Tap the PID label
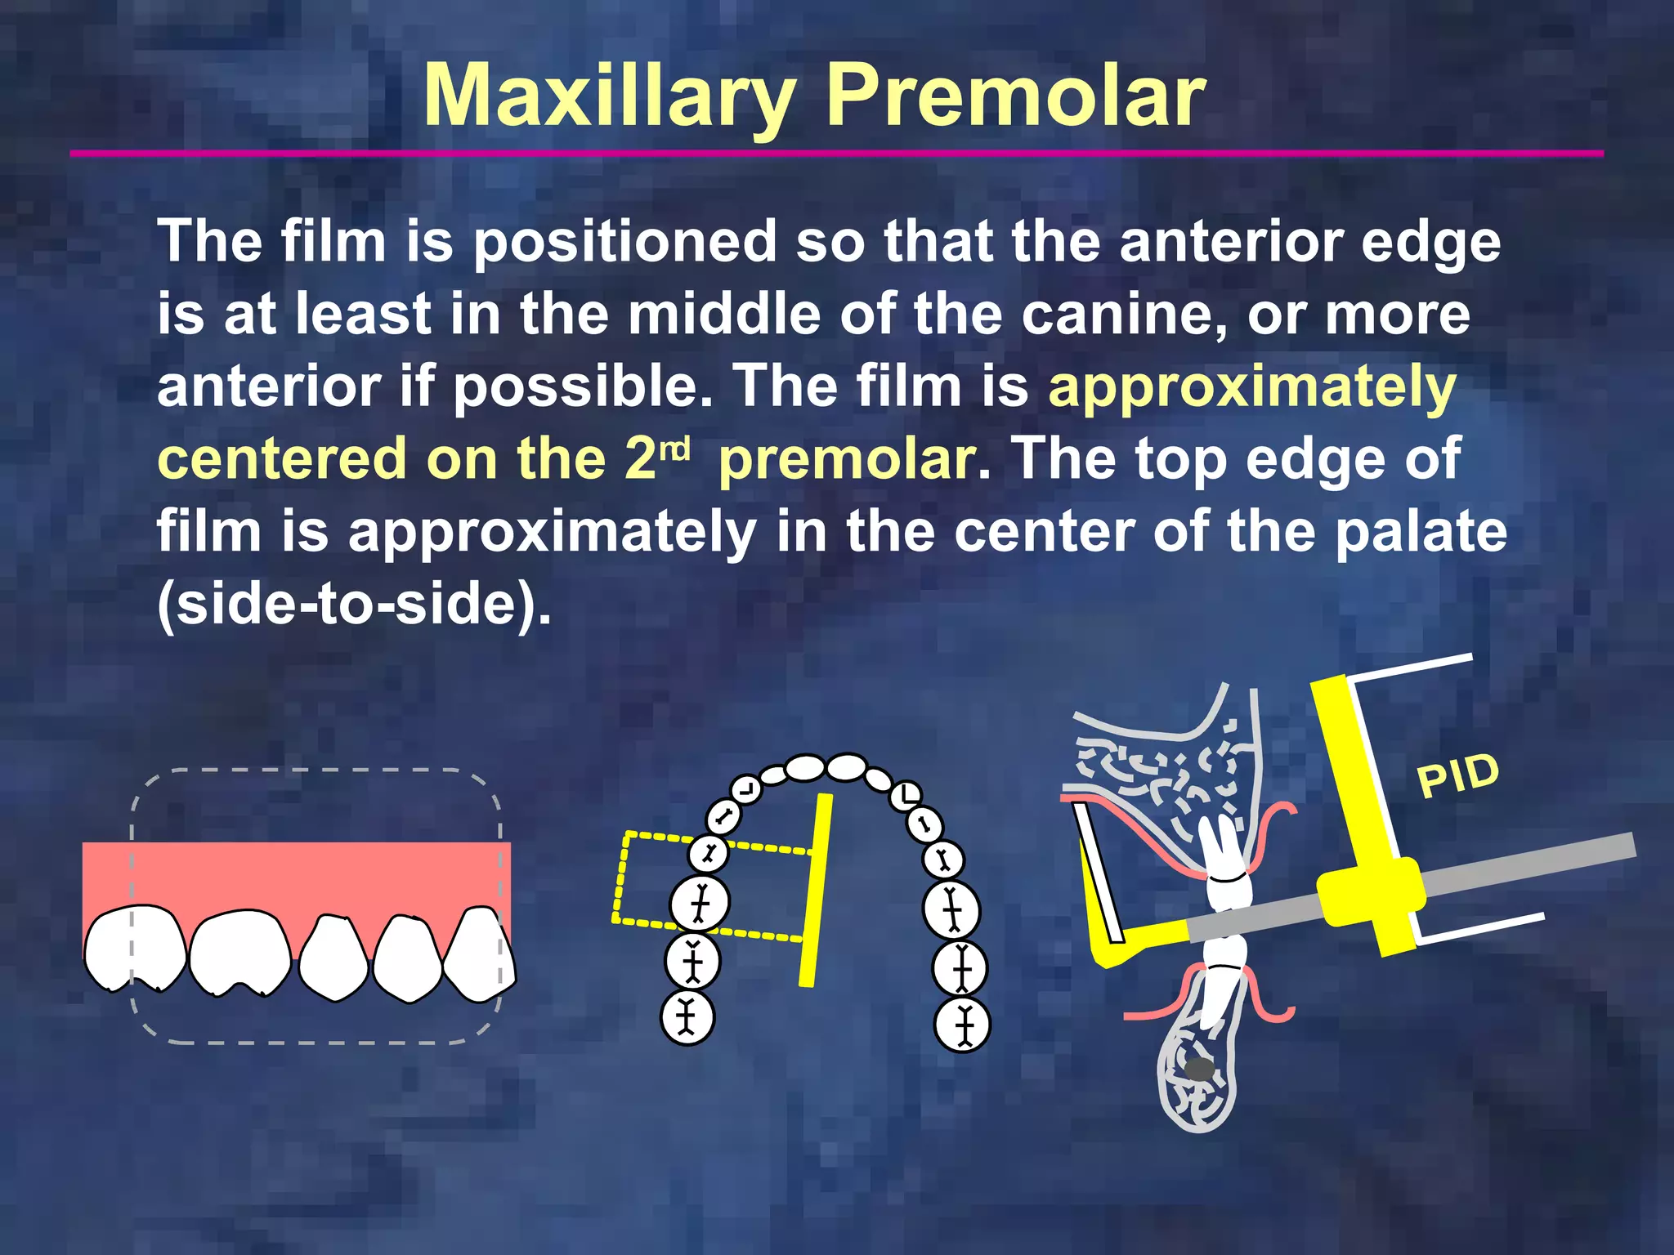[x=1457, y=775]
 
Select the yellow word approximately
[x=1251, y=387]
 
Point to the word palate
[x=1421, y=532]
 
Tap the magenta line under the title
[x=836, y=153]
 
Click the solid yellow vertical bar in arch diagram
[x=816, y=891]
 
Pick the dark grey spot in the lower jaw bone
[x=1199, y=1069]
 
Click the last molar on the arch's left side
[x=687, y=1017]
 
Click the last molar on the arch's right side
[x=962, y=1025]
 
